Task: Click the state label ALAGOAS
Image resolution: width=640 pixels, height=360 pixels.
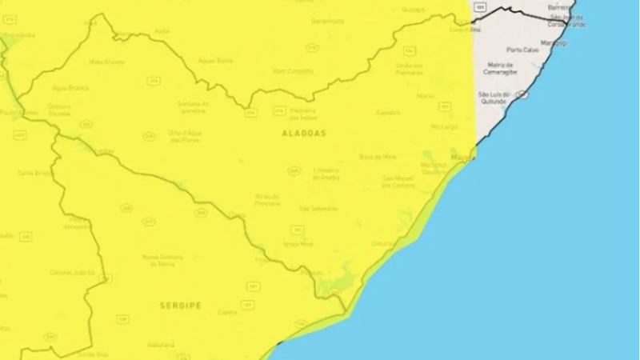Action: (x=303, y=134)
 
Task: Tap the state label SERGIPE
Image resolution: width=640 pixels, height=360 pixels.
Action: (x=180, y=306)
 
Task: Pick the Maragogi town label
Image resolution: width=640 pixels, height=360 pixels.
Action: (x=553, y=42)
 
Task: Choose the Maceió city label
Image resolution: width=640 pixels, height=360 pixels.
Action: (x=461, y=158)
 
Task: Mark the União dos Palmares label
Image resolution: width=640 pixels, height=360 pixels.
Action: (x=409, y=68)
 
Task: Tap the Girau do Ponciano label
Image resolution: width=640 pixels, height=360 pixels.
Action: (x=267, y=198)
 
